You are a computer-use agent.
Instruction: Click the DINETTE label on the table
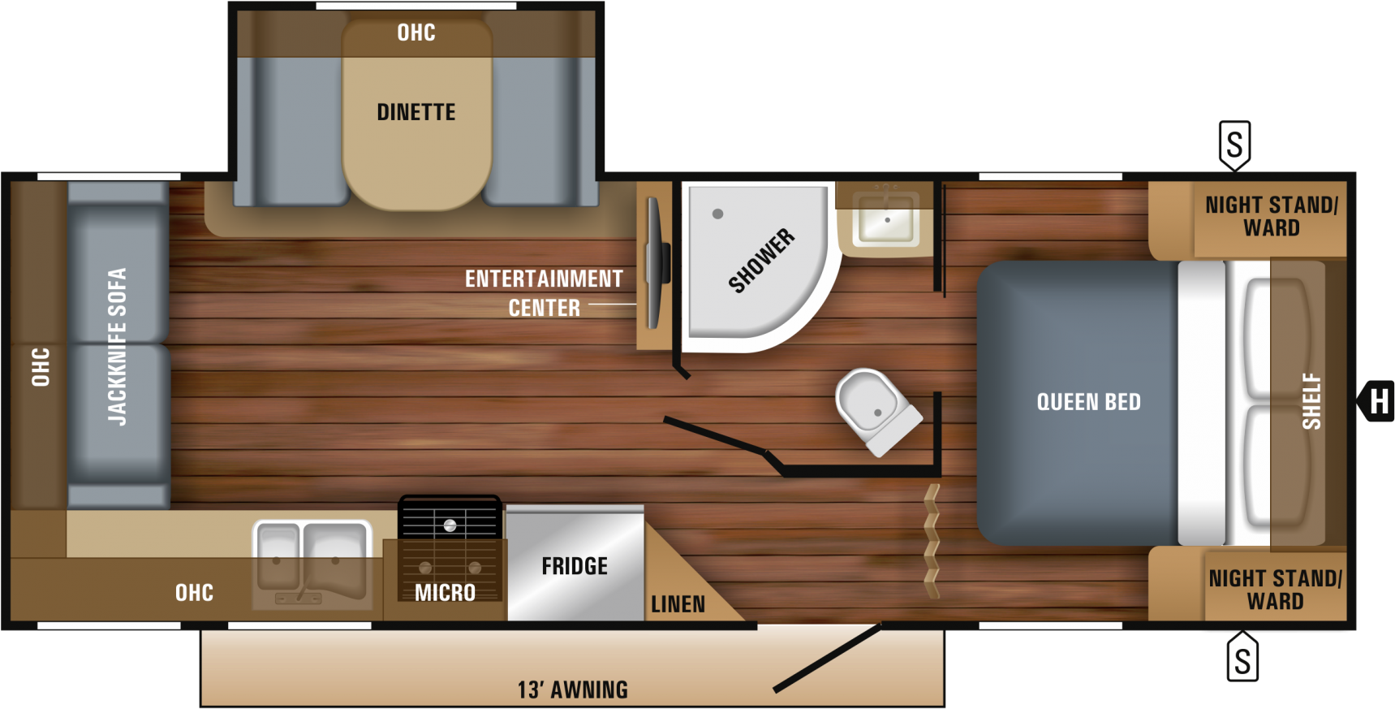[x=415, y=112]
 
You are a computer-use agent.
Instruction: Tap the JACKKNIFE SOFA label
[x=118, y=347]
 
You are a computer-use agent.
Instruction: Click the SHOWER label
[x=761, y=260]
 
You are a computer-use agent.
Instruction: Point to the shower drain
[x=717, y=214]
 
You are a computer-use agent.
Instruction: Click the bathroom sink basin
[x=886, y=218]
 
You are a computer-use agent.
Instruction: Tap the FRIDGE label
[x=575, y=566]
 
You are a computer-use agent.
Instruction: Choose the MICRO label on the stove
[x=445, y=593]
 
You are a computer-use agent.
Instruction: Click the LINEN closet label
[x=678, y=604]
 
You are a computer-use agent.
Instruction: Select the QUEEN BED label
[x=1088, y=402]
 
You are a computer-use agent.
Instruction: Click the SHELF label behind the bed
[x=1311, y=401]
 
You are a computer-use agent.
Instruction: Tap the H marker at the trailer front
[x=1379, y=401]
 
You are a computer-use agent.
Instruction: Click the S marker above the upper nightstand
[x=1234, y=145]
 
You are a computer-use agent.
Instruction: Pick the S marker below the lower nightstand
[x=1242, y=659]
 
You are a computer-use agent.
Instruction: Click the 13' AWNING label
[x=573, y=690]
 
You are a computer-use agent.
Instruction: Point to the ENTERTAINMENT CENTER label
[x=544, y=293]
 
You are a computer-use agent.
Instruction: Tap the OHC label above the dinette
[x=415, y=32]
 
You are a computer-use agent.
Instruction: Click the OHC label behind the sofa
[x=40, y=367]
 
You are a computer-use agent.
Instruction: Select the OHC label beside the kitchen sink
[x=194, y=593]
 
